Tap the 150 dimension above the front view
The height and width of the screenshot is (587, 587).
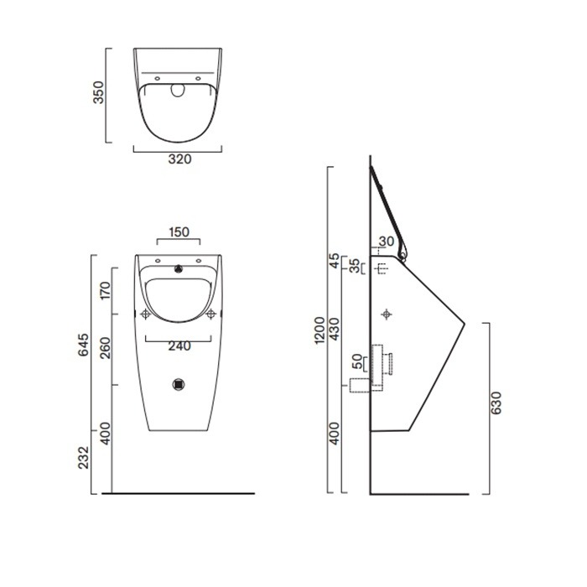(x=178, y=231)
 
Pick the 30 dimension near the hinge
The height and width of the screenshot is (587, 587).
(x=387, y=242)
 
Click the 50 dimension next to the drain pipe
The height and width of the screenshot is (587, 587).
(x=358, y=362)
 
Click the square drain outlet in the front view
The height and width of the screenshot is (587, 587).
(x=178, y=384)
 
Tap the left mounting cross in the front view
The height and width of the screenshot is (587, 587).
(x=145, y=314)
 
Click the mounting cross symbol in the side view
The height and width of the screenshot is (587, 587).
(x=387, y=314)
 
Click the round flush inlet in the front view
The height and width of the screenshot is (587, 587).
(x=178, y=269)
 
